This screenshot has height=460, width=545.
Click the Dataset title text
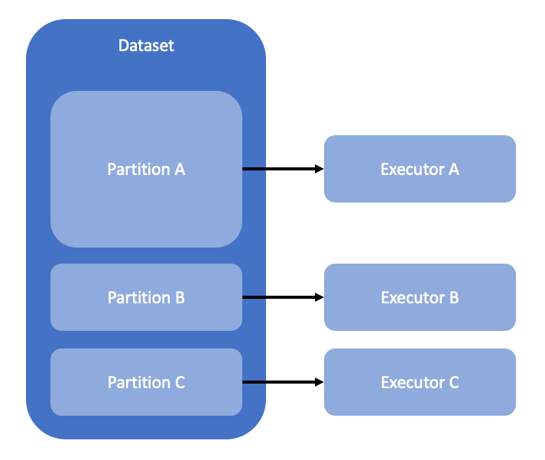click(x=146, y=46)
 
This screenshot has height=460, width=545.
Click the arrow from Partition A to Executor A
click(x=279, y=169)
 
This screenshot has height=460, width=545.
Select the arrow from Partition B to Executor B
click(x=279, y=297)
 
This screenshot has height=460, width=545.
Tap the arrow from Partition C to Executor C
click(x=279, y=382)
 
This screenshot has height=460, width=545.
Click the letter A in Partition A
click(x=180, y=169)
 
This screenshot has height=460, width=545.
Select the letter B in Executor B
click(x=453, y=297)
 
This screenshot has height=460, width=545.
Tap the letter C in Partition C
click(x=180, y=382)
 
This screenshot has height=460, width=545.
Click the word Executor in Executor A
click(x=411, y=169)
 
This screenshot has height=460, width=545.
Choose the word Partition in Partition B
click(x=138, y=297)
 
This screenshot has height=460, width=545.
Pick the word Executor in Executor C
click(x=411, y=382)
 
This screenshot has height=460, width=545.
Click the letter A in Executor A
click(x=453, y=169)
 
